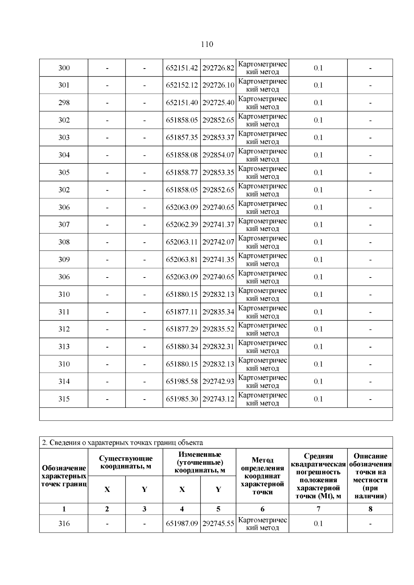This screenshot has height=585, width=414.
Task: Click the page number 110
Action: click(x=207, y=44)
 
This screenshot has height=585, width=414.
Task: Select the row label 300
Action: click(x=64, y=68)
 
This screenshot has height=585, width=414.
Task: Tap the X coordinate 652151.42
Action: click(x=182, y=68)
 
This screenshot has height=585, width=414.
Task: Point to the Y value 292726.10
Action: click(x=218, y=85)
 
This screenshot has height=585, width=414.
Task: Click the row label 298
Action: click(x=64, y=103)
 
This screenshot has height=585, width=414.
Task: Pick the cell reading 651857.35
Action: click(x=182, y=138)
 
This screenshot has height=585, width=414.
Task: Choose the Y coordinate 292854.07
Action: click(x=218, y=155)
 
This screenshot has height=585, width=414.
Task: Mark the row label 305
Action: click(x=64, y=172)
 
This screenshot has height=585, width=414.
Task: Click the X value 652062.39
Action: click(x=182, y=225)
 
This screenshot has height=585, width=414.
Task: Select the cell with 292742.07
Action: click(x=218, y=242)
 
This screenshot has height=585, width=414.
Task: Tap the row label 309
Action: click(x=64, y=260)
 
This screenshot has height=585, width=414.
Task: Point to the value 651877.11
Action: click(x=182, y=312)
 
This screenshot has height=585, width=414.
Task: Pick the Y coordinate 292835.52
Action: click(x=218, y=329)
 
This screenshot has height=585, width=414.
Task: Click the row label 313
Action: click(x=64, y=347)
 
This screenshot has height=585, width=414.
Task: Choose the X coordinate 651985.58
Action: click(x=182, y=382)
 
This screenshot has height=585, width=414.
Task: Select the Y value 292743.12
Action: click(x=218, y=399)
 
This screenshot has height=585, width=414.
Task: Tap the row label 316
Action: click(x=64, y=524)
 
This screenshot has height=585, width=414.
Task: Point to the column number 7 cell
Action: click(x=318, y=509)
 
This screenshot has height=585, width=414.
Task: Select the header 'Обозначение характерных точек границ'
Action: click(x=64, y=476)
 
